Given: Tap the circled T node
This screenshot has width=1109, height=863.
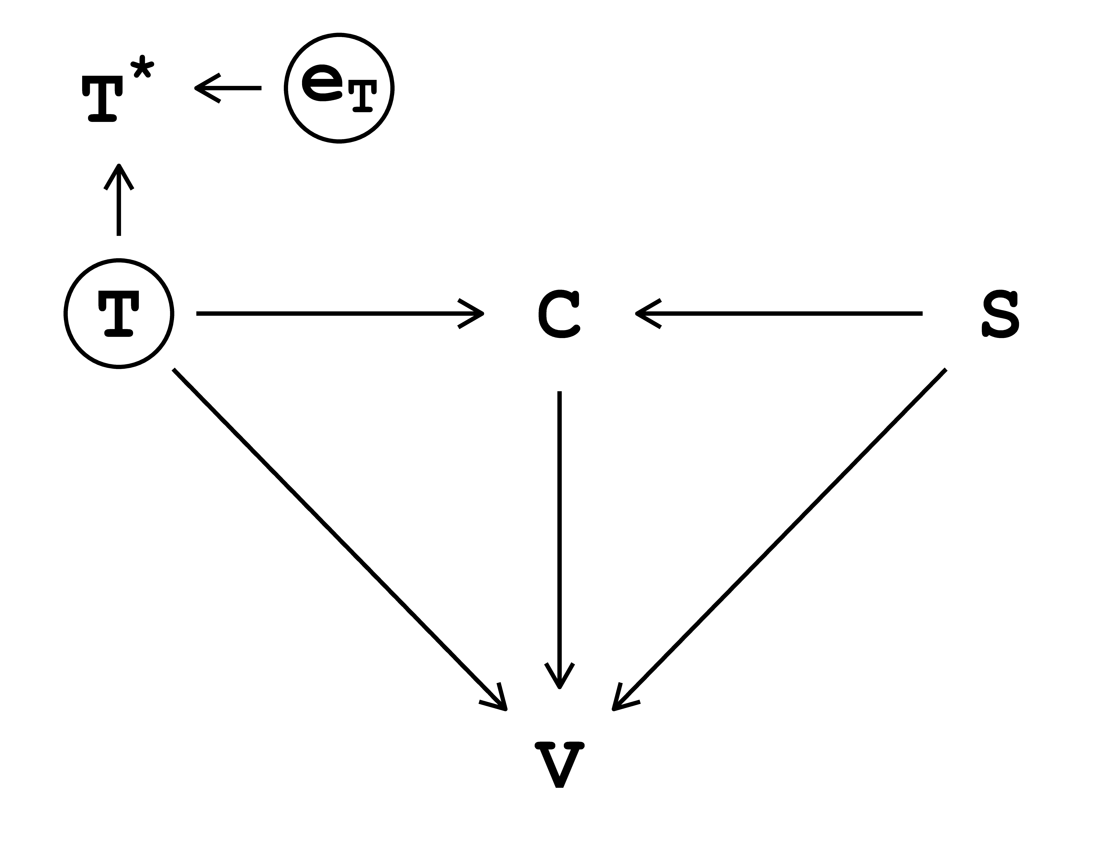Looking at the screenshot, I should pyautogui.click(x=119, y=313).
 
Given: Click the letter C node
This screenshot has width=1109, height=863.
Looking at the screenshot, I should pyautogui.click(x=559, y=313).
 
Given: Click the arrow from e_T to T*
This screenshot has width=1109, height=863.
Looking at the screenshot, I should pyautogui.click(x=229, y=88).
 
